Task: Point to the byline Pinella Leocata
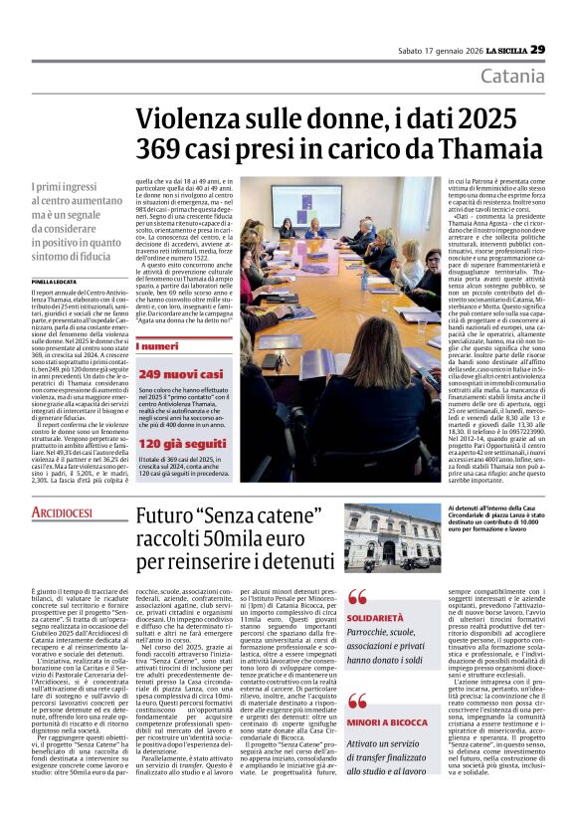(55, 282)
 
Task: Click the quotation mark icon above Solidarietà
(356, 597)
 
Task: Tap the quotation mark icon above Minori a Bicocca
(356, 701)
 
